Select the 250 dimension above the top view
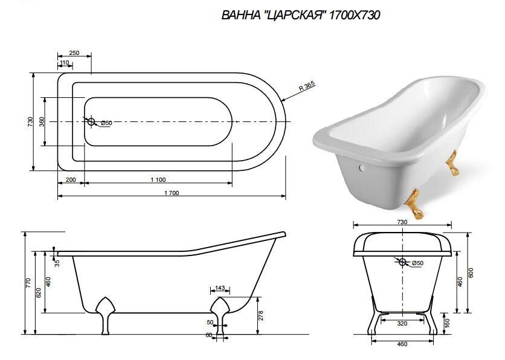click(x=74, y=53)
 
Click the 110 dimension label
click(x=64, y=63)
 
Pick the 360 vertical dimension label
click(x=42, y=121)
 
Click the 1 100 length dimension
click(x=157, y=180)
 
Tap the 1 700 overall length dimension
click(x=172, y=193)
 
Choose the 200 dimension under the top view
click(x=71, y=180)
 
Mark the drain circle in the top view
click(x=92, y=122)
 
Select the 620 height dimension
click(x=38, y=292)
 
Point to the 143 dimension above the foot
click(x=219, y=288)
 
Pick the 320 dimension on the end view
click(x=402, y=324)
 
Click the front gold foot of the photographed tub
click(x=416, y=202)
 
